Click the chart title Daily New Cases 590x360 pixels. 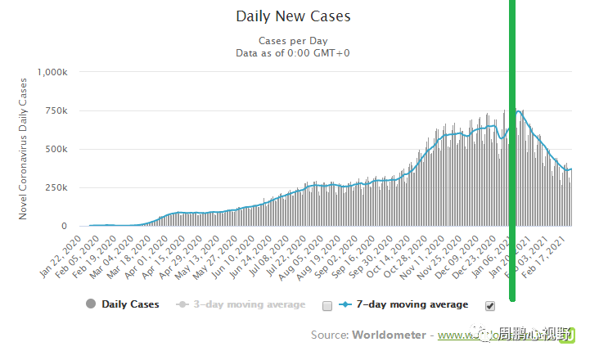click(x=293, y=16)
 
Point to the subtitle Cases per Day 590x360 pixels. click(x=292, y=40)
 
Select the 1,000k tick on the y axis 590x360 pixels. click(x=54, y=72)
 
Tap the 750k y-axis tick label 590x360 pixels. click(x=61, y=110)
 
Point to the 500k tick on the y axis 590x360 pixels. click(x=61, y=149)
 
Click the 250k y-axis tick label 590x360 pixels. click(x=61, y=187)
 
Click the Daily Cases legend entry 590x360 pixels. click(x=124, y=304)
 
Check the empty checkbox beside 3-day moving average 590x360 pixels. click(x=327, y=306)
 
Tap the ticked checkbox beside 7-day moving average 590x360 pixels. click(x=490, y=306)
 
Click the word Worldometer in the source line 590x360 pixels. click(x=389, y=335)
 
